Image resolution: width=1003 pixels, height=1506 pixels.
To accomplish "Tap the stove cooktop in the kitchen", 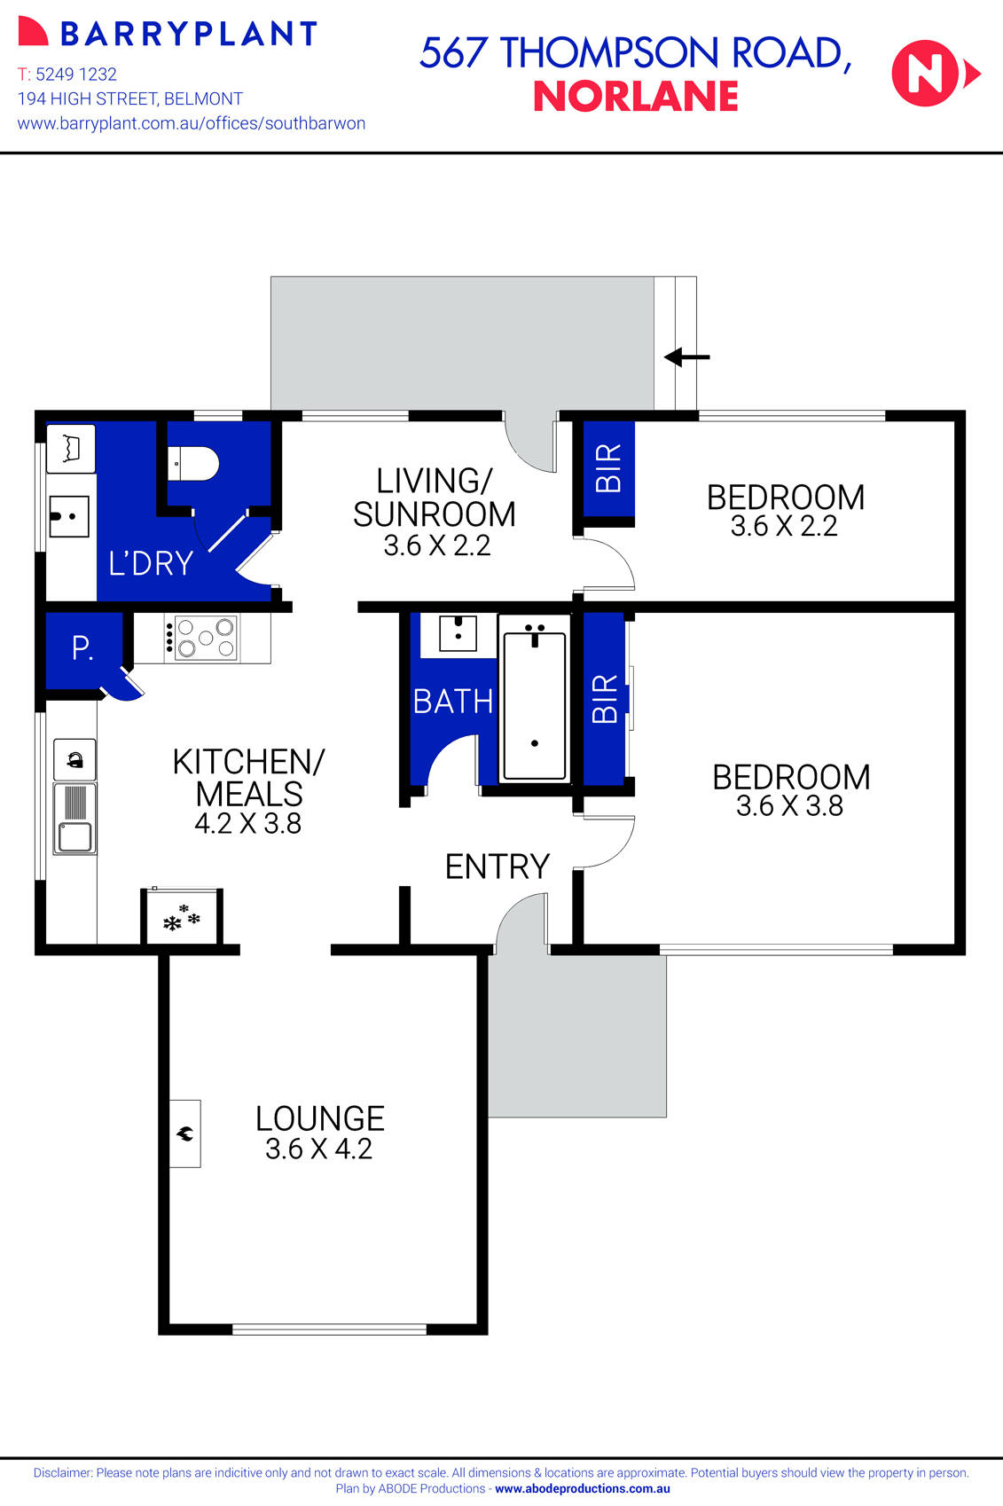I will click(200, 638).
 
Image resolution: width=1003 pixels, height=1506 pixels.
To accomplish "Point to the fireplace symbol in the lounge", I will click(185, 1133).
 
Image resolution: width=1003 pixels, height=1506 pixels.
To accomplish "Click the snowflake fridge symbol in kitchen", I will click(182, 919).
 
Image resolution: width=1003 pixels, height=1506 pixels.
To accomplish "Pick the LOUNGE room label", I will click(319, 1118).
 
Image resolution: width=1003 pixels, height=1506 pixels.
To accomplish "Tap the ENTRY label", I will click(497, 867).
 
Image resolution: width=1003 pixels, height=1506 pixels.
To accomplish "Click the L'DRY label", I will click(150, 563).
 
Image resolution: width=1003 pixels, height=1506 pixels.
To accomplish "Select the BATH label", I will click(452, 702).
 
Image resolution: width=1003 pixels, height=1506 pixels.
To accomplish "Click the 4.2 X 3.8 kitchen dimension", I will click(248, 824).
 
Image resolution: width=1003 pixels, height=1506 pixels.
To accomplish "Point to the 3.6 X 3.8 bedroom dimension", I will click(789, 806).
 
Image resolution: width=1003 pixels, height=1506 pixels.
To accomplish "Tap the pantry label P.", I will click(82, 648).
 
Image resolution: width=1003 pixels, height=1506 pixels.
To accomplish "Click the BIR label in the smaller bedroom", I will click(608, 467).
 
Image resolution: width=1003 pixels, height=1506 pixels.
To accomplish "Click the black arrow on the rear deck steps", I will click(687, 357).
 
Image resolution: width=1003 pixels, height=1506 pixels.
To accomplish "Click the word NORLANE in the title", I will click(636, 97).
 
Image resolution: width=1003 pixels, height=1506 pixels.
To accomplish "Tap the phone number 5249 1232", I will click(76, 75).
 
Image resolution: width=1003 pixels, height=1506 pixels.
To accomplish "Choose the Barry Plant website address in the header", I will click(192, 123).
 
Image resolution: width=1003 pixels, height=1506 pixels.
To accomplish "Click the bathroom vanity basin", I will click(458, 634).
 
